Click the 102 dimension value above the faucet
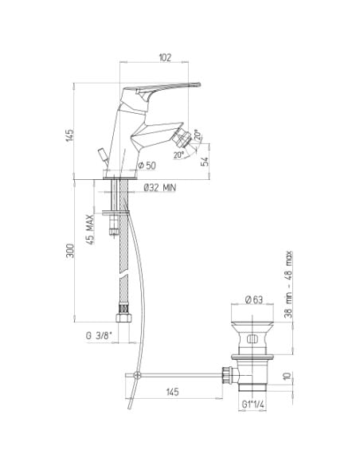[x=165, y=57]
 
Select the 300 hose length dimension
[x=70, y=251]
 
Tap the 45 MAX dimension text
[x=90, y=229]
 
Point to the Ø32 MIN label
[x=159, y=187]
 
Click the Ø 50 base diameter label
[x=147, y=166]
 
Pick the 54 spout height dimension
[x=205, y=162]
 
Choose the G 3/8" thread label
[x=99, y=336]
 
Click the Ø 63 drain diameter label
[x=254, y=299]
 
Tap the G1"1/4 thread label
[x=253, y=404]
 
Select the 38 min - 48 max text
[x=288, y=284]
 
